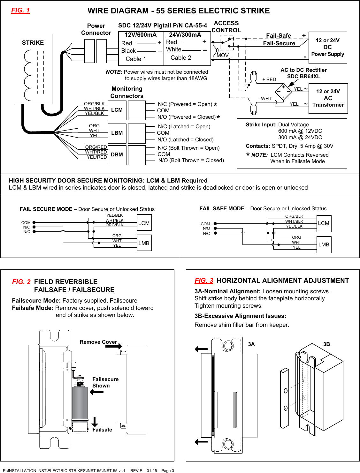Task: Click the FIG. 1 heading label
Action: click(x=20, y=10)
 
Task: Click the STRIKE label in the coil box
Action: click(x=33, y=43)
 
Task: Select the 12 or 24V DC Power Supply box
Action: click(x=328, y=47)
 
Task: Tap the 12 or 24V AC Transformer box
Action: click(x=328, y=98)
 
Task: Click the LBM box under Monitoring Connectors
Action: click(x=117, y=133)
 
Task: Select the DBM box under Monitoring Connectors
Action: click(x=117, y=154)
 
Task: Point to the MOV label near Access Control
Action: click(x=223, y=55)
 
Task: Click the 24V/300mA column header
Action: click(x=185, y=35)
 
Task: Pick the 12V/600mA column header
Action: click(x=141, y=35)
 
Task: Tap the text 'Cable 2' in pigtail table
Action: click(x=181, y=58)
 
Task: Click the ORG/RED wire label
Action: click(x=96, y=147)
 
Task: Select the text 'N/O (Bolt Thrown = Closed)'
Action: click(x=191, y=161)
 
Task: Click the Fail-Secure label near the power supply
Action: click(x=279, y=43)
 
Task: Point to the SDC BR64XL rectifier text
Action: click(x=303, y=76)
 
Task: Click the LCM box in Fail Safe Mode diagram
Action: click(x=324, y=223)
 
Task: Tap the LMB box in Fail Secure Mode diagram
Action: click(x=144, y=243)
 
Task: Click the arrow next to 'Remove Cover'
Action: click(x=114, y=346)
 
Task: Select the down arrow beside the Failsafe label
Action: click(x=95, y=422)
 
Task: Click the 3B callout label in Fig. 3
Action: click(x=326, y=344)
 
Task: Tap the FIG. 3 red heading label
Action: click(x=204, y=281)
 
